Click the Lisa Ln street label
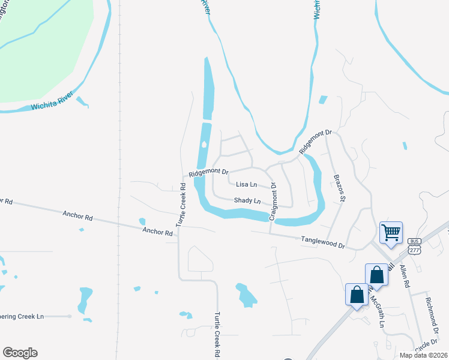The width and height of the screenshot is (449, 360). [246, 185]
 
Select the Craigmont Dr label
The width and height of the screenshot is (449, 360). [273, 201]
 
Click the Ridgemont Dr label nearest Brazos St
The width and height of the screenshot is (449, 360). [316, 141]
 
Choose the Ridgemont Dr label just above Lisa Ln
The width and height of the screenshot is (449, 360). [209, 173]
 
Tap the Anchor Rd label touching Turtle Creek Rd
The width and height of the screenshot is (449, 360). [157, 231]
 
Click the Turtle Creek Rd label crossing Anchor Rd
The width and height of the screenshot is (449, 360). [181, 205]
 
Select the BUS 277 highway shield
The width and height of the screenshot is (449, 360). [414, 244]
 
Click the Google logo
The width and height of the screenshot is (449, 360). [20, 353]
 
